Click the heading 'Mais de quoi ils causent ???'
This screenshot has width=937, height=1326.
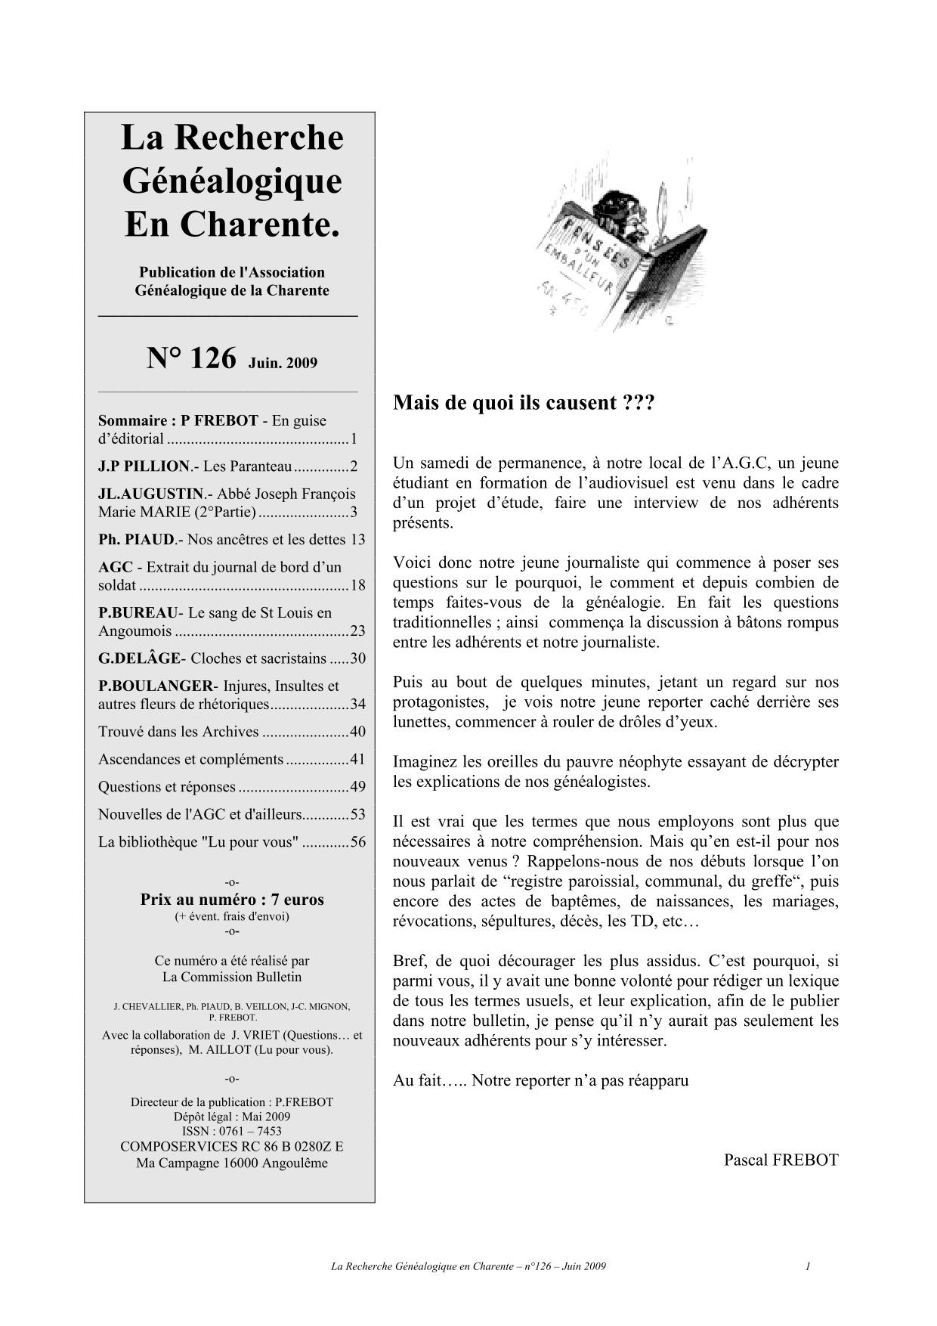tap(523, 402)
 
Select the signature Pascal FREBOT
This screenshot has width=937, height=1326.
tap(781, 1160)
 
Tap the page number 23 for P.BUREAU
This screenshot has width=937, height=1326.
tap(357, 631)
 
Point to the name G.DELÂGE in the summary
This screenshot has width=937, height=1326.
tap(140, 658)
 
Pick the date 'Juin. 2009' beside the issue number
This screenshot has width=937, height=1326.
tap(283, 363)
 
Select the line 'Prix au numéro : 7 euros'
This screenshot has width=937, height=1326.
tap(232, 900)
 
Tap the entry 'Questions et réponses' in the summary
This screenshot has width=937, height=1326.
tap(167, 787)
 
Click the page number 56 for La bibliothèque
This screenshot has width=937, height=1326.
tap(357, 842)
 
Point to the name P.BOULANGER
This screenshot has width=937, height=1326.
tap(156, 686)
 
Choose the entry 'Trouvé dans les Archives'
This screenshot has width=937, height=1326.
tap(178, 732)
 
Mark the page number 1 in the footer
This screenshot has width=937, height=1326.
tap(808, 1266)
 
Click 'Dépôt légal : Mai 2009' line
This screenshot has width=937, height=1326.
tap(232, 1117)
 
